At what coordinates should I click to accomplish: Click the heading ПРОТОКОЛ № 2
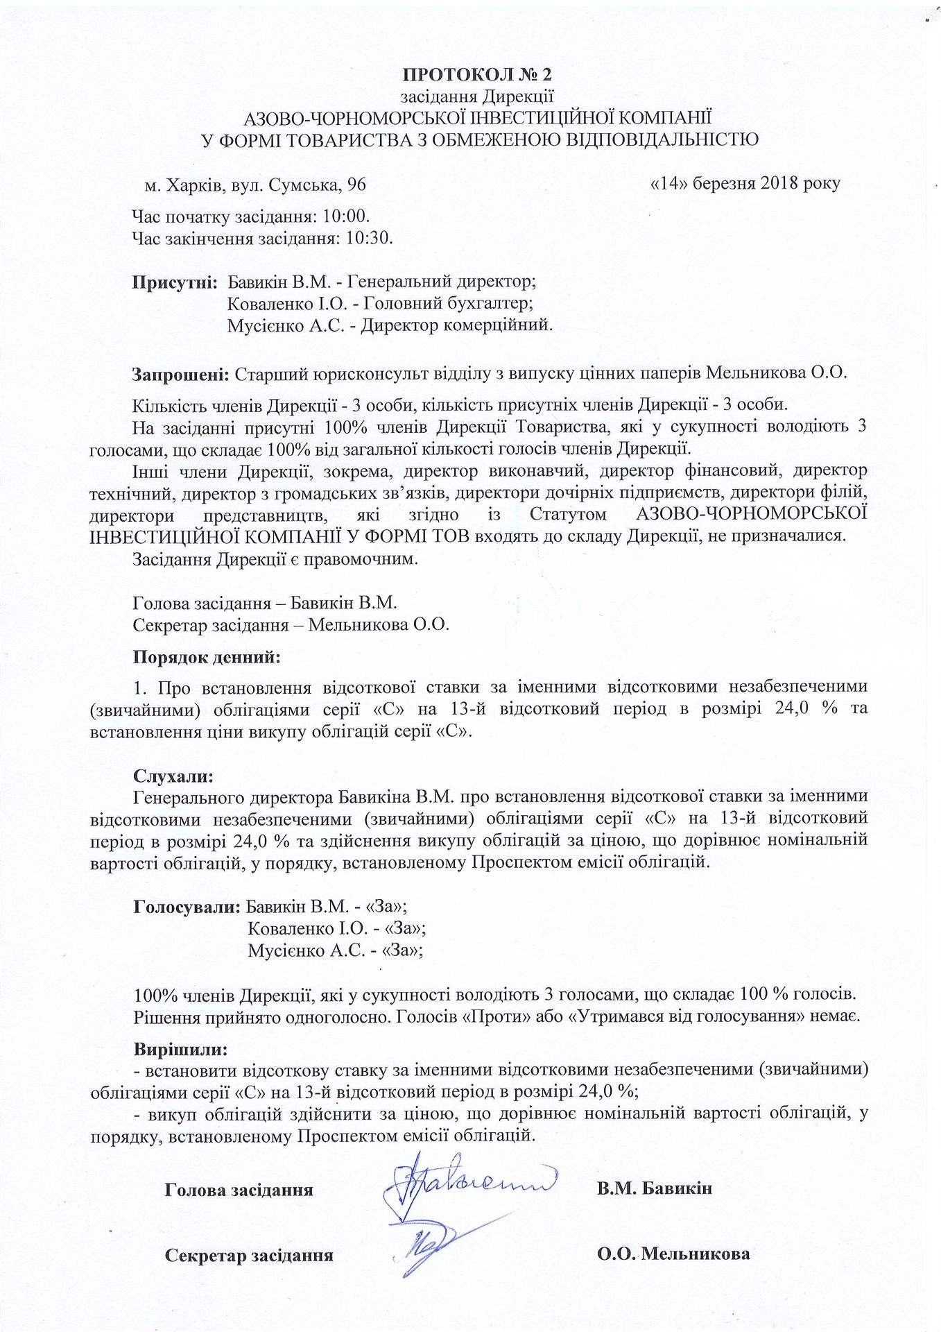[477, 74]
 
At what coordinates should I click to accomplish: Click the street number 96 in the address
[356, 185]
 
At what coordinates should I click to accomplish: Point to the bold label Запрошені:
[180, 374]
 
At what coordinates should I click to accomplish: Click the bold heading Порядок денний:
[207, 656]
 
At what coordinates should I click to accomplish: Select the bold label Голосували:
[187, 906]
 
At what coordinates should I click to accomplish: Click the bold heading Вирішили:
[180, 1048]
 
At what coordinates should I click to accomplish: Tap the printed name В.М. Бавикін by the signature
[654, 1188]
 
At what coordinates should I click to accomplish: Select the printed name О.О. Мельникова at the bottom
[673, 1254]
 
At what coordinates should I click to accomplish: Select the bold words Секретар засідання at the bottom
[249, 1255]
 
